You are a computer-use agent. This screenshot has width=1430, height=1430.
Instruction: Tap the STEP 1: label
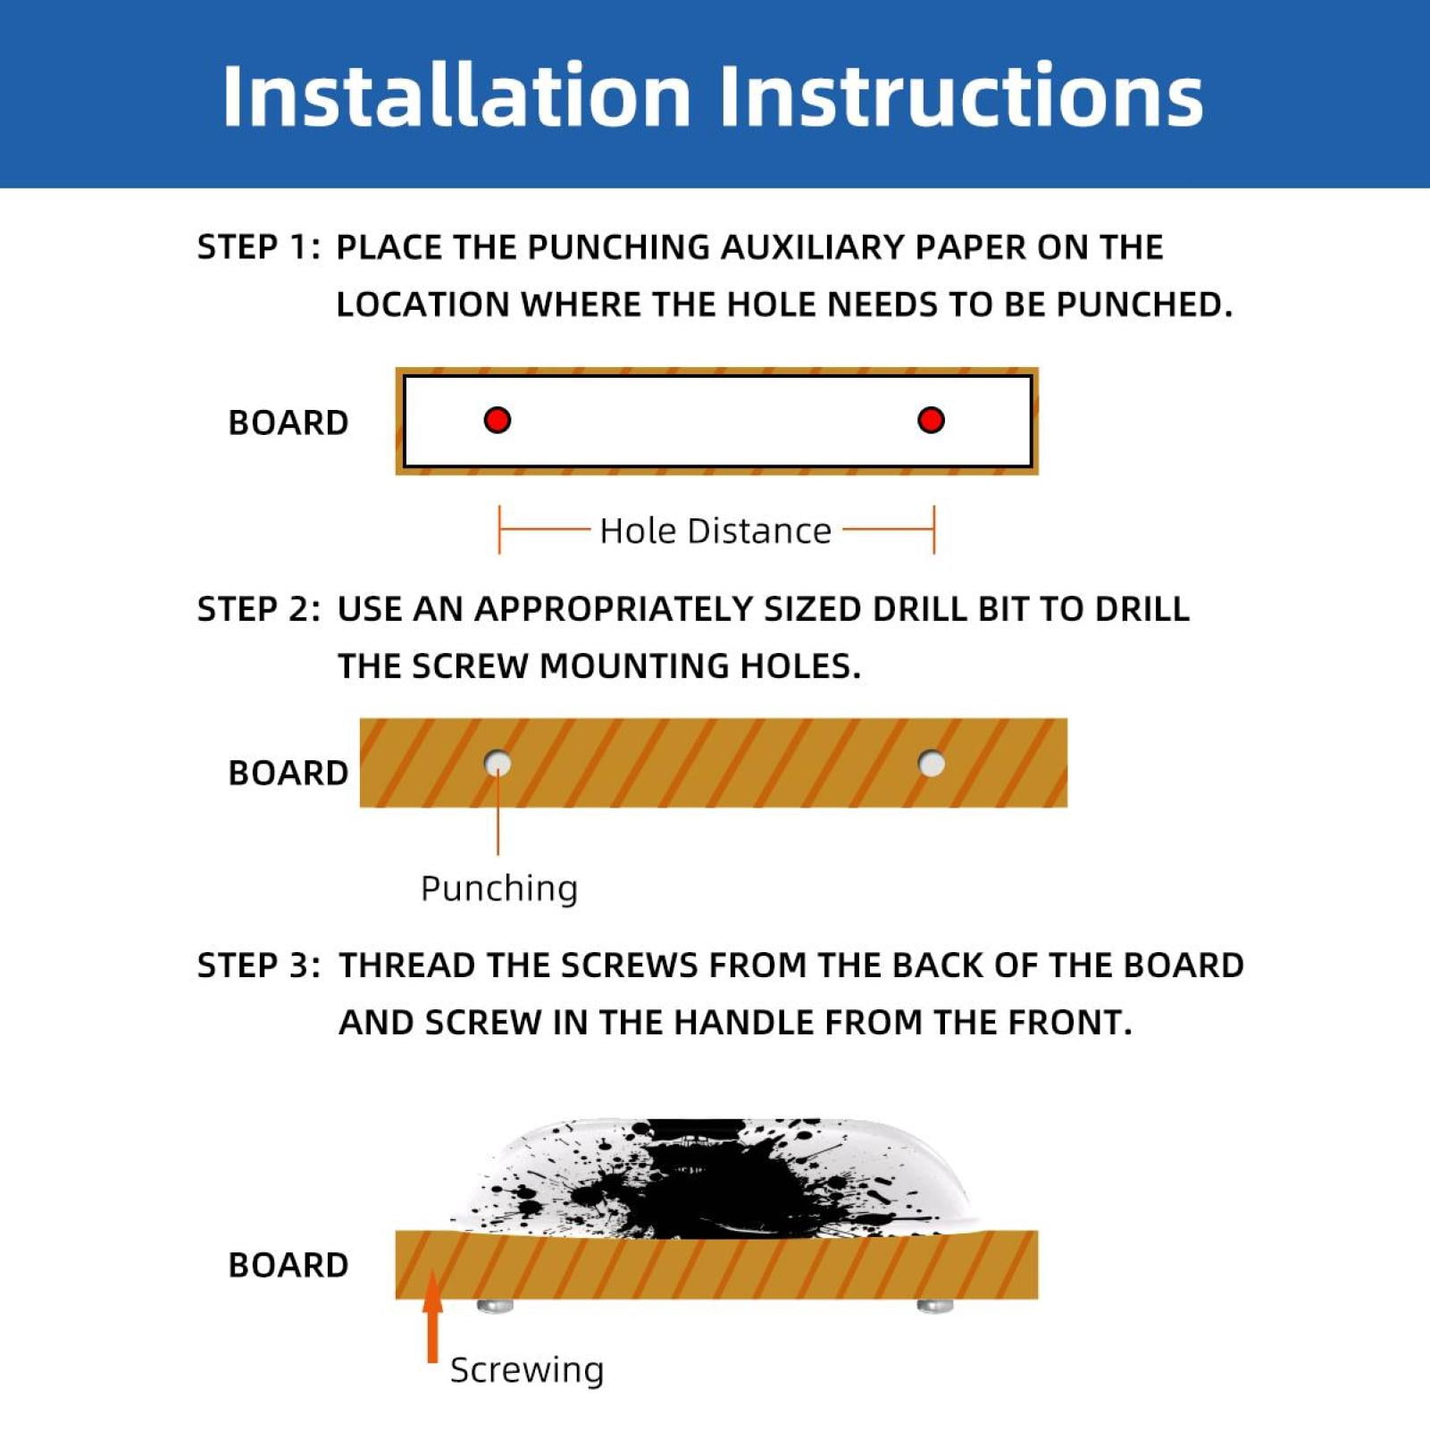coord(259,247)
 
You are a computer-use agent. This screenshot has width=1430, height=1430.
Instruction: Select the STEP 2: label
coord(259,609)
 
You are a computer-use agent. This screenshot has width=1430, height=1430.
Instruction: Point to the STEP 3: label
coord(259,966)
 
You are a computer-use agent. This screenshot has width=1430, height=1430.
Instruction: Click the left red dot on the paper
coord(498,420)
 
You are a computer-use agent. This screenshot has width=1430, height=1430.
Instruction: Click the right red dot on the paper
coord(931,420)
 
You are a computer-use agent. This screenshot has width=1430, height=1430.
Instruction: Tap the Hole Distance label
coord(715,531)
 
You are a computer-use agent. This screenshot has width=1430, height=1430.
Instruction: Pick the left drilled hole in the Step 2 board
coord(498,764)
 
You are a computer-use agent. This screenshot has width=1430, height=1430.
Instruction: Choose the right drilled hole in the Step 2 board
coord(932,764)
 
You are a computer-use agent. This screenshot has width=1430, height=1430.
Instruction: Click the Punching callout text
coord(499,889)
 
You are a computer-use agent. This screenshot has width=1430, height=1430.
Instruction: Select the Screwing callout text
coord(527,1370)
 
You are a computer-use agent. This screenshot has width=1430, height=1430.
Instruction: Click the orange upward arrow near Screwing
coord(433,1317)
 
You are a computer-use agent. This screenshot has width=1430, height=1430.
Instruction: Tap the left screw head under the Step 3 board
coord(496,1307)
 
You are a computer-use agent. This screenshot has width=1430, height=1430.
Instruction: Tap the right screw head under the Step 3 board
coord(935,1307)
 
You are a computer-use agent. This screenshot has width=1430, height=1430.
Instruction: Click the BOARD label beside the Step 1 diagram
coord(289,422)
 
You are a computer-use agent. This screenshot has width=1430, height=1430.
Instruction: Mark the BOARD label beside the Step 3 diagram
coord(289,1265)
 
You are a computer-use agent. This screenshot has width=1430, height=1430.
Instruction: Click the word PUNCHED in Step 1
coord(1143,305)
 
